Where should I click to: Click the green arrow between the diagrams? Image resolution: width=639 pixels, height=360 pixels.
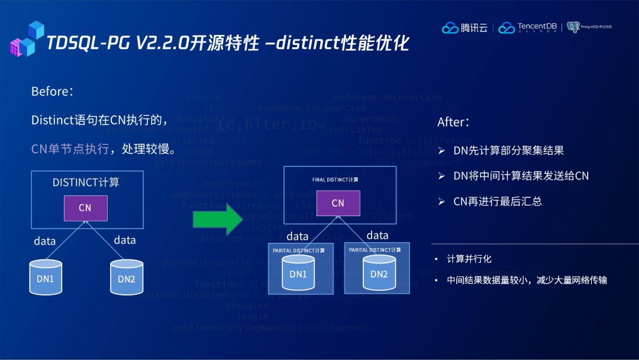[218, 220]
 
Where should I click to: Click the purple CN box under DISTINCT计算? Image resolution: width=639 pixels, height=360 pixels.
[85, 208]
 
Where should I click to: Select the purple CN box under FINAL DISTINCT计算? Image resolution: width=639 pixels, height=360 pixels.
[338, 202]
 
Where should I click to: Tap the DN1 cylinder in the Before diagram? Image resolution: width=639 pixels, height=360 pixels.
[46, 277]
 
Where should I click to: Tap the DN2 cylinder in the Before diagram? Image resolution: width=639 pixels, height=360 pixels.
[126, 277]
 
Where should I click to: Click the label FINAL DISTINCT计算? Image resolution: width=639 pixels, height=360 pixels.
[335, 179]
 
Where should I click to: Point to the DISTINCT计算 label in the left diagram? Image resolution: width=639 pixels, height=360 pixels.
[86, 182]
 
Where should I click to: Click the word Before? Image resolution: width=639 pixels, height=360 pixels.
[51, 92]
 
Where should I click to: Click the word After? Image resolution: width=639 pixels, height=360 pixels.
[453, 122]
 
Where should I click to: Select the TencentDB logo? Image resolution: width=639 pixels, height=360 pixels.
[528, 27]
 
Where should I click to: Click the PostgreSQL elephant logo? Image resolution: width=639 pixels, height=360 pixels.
[572, 27]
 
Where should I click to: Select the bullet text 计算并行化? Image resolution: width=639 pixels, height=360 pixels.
[469, 259]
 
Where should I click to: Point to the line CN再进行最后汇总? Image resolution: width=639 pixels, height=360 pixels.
[498, 201]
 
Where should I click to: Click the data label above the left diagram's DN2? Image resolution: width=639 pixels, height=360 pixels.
[125, 240]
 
